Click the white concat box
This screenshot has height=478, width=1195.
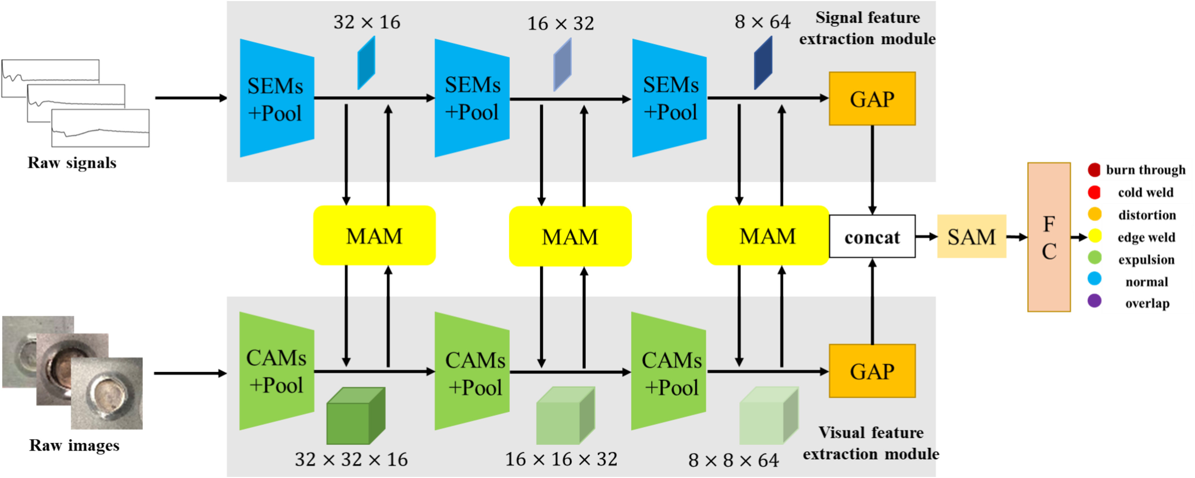click(x=872, y=236)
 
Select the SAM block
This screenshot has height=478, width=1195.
click(x=971, y=236)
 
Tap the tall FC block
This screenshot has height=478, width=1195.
click(x=1049, y=237)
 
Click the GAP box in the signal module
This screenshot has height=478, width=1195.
click(x=872, y=98)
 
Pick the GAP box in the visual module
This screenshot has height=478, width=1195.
click(x=872, y=371)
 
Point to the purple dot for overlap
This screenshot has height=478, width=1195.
click(x=1095, y=301)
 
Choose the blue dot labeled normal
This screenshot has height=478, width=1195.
click(x=1095, y=279)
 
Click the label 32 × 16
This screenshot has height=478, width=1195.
click(x=366, y=22)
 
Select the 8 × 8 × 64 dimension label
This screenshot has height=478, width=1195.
click(x=733, y=460)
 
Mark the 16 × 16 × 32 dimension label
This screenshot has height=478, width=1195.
click(x=561, y=459)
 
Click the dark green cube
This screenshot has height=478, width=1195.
click(x=355, y=416)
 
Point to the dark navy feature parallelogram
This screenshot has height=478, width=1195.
click(x=763, y=63)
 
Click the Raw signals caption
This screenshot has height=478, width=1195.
click(x=72, y=163)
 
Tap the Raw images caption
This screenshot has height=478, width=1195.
click(x=74, y=445)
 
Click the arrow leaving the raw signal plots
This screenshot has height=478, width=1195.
click(x=190, y=98)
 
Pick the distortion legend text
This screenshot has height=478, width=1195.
click(x=1147, y=215)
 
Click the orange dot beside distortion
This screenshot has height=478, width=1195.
click(x=1095, y=214)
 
